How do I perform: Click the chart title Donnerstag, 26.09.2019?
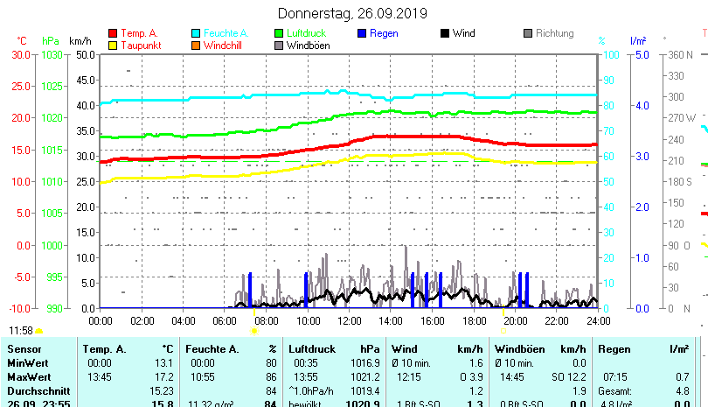pyautogui.click(x=352, y=13)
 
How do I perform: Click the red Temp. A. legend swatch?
pyautogui.click(x=112, y=33)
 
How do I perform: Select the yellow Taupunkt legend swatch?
pyautogui.click(x=112, y=46)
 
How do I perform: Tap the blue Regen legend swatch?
pyautogui.click(x=362, y=33)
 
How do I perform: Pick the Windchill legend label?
pyautogui.click(x=225, y=46)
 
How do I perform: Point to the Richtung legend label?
pyautogui.click(x=555, y=33)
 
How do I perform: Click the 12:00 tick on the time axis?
pyautogui.click(x=348, y=321)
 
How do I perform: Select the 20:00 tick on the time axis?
pyautogui.click(x=515, y=321)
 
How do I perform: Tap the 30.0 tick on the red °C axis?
pyautogui.click(x=21, y=54)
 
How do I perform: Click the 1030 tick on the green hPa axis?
pyautogui.click(x=52, y=54)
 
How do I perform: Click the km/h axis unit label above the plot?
pyautogui.click(x=80, y=41)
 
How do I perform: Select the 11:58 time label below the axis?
pyautogui.click(x=21, y=331)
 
